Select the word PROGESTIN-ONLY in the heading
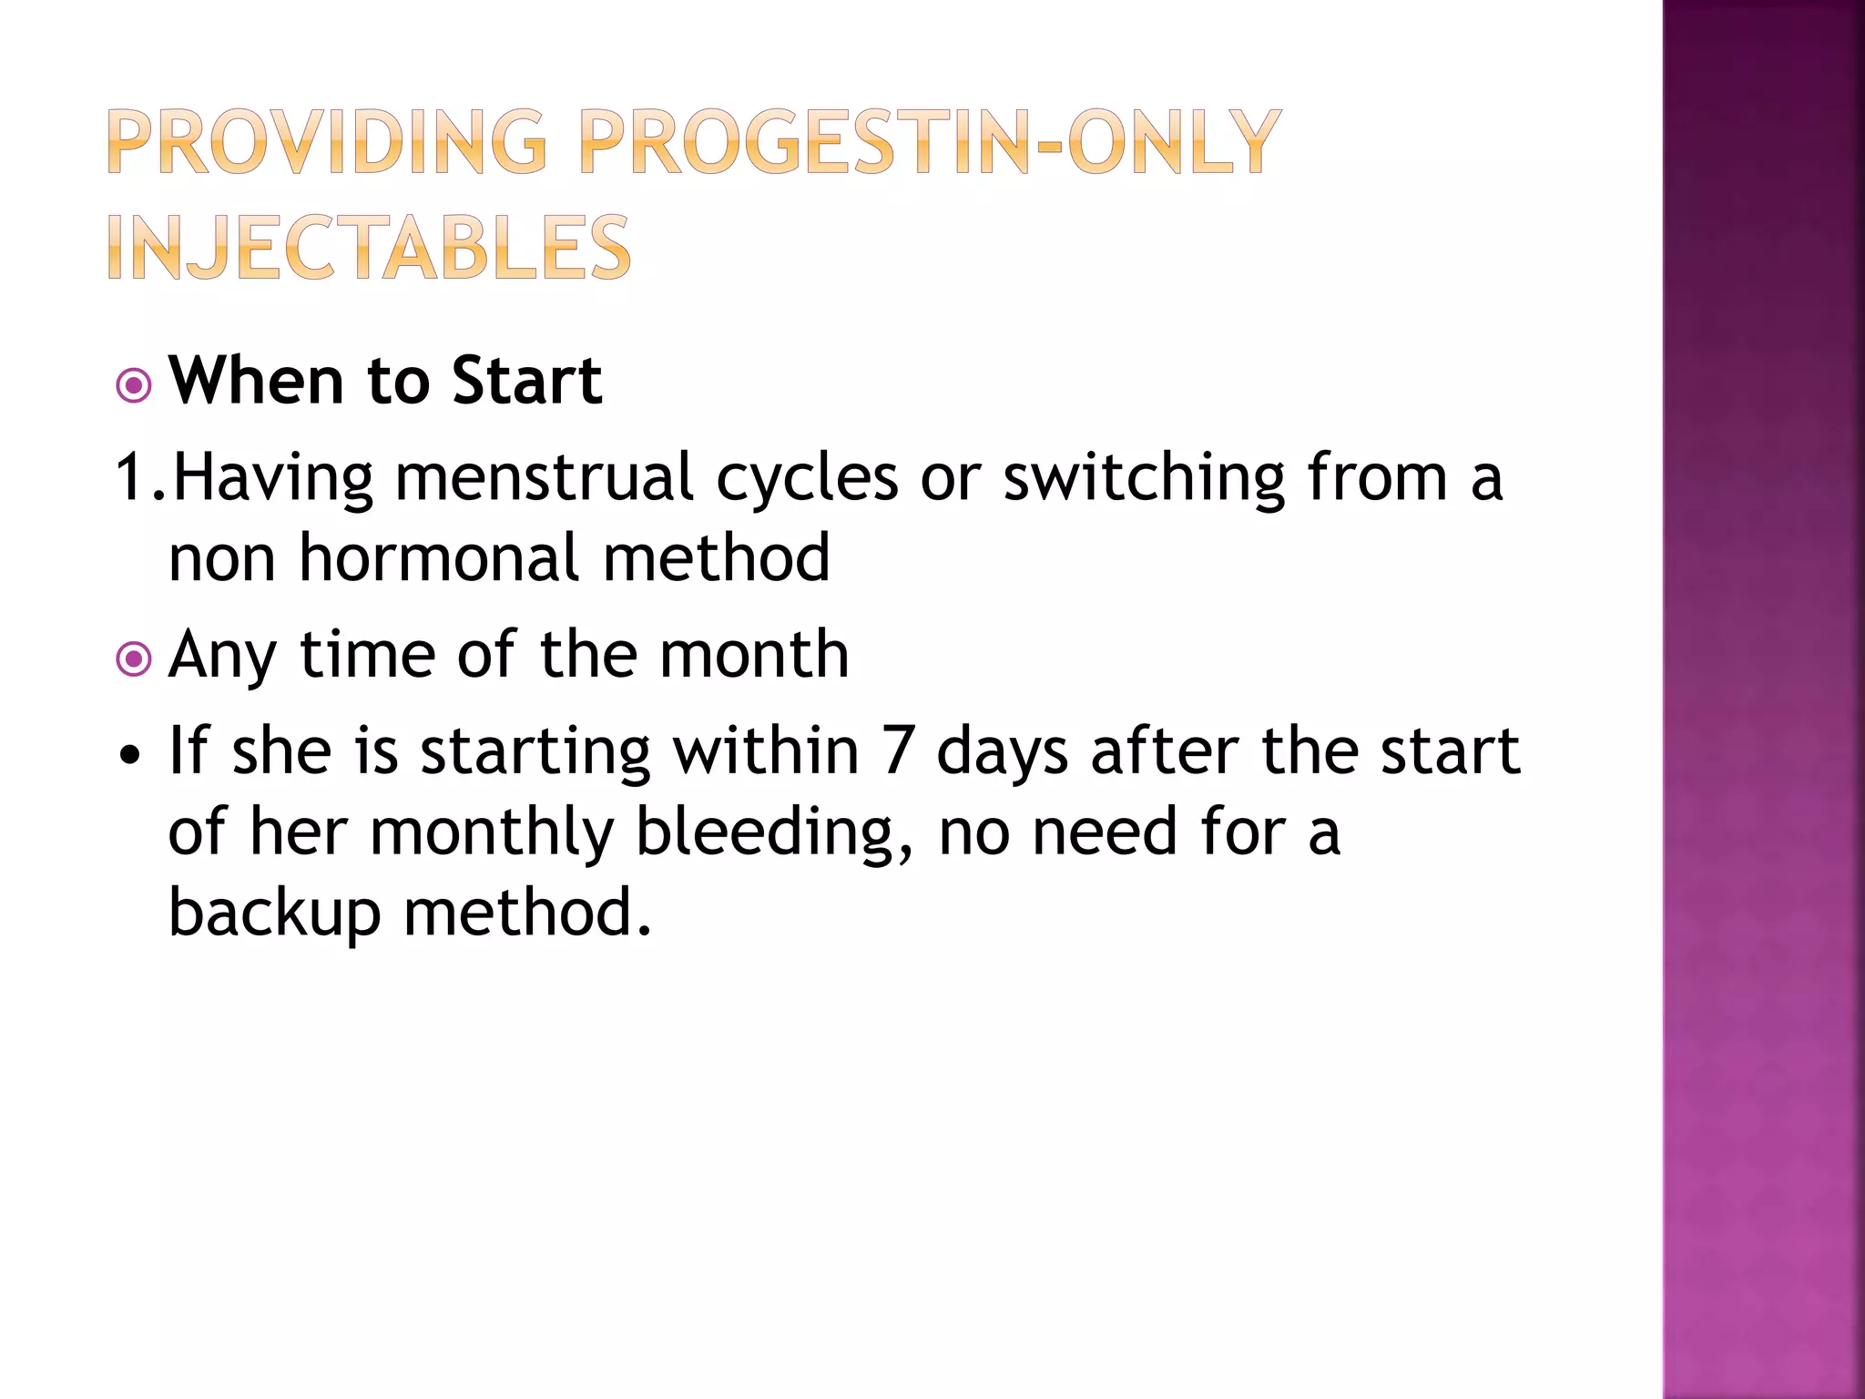click(x=930, y=142)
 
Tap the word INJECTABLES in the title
click(x=369, y=248)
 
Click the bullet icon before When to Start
click(x=134, y=386)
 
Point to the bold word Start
click(x=526, y=381)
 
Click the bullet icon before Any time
click(x=134, y=659)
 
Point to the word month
click(x=754, y=655)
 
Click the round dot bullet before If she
click(x=132, y=755)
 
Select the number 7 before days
click(x=898, y=752)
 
